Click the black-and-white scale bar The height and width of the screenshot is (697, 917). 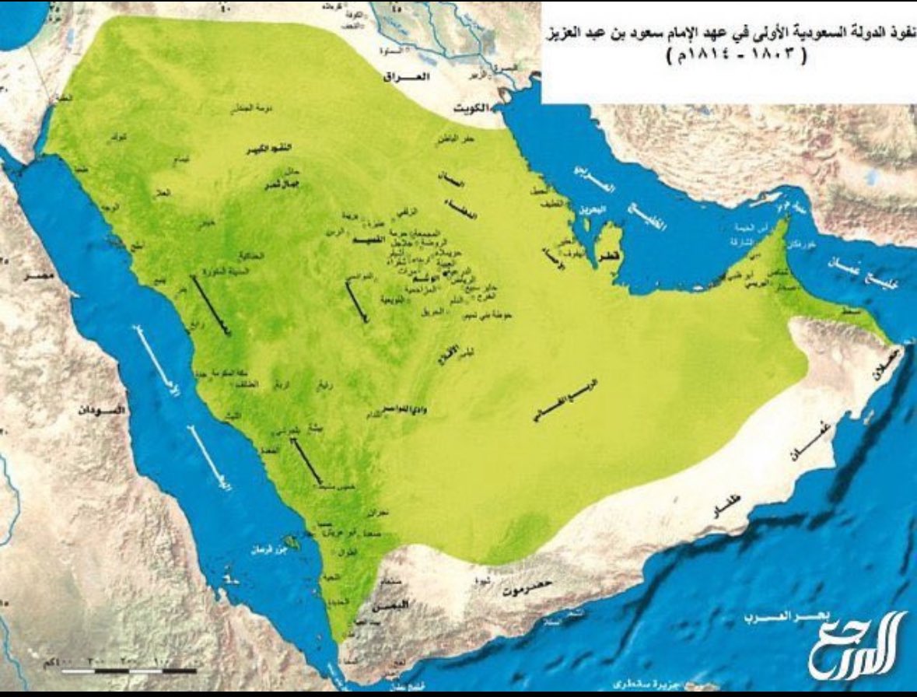pos(128,669)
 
